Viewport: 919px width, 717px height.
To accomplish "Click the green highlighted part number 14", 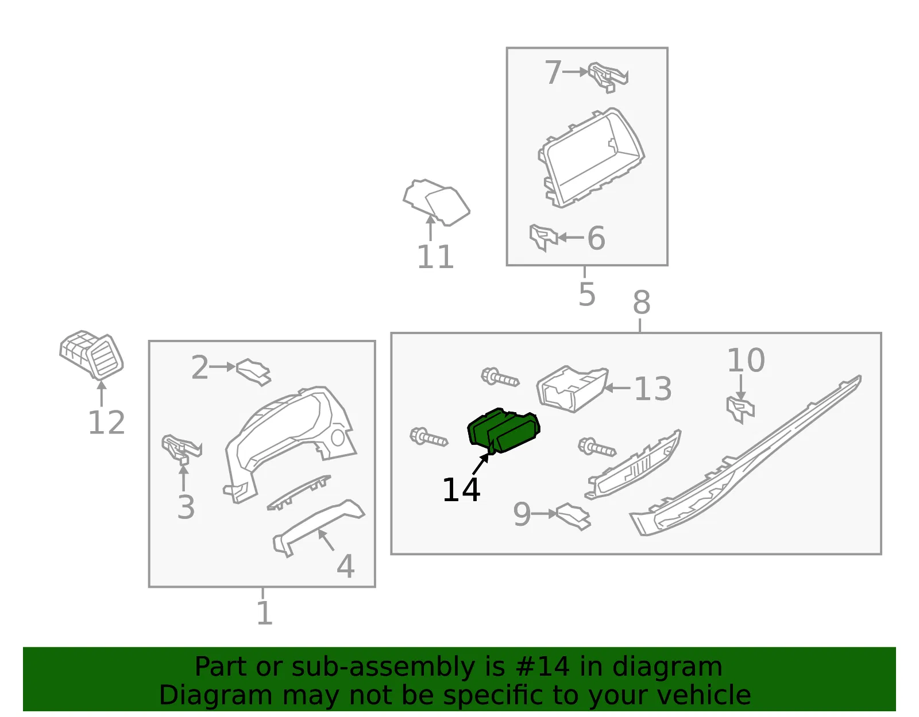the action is [x=503, y=431].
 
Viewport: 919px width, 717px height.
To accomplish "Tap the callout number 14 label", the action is [x=461, y=490].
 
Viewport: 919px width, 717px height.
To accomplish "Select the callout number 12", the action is [x=107, y=423].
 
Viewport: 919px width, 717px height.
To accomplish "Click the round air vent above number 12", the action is [x=92, y=355].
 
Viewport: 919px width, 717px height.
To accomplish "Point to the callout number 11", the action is [x=435, y=257].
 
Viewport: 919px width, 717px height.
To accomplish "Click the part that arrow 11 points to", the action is [x=437, y=202].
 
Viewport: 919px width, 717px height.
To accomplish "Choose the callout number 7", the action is [x=553, y=72].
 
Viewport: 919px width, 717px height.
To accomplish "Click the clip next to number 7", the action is [x=608, y=77].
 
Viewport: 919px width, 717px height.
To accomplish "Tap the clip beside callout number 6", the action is [x=543, y=237].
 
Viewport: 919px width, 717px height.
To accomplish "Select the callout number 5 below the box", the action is [x=587, y=294].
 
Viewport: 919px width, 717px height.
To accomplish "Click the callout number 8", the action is [x=642, y=303].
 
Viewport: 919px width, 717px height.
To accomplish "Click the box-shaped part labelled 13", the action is [x=572, y=389].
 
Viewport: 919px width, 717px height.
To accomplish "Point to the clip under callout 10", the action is [x=740, y=409].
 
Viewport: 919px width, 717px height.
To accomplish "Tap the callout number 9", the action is [x=522, y=514].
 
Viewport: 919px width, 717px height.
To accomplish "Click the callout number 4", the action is [x=346, y=566].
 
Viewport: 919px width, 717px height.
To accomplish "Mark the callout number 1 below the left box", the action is [x=264, y=613].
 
